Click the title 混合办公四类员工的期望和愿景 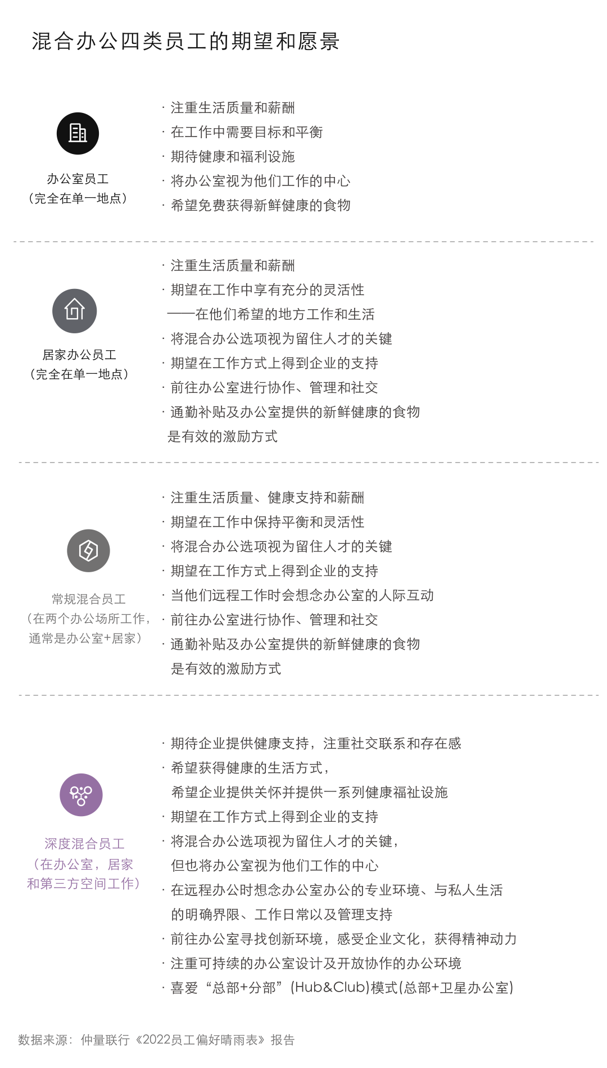[185, 42]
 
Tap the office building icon [78, 133]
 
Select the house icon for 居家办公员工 [75, 310]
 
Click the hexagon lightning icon [88, 550]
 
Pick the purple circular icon [81, 794]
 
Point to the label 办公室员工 [78, 179]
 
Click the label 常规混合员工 [88, 599]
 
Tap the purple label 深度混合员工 [84, 843]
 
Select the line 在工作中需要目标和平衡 [246, 132]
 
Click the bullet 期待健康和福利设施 [233, 157]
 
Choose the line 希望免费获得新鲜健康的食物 [260, 206]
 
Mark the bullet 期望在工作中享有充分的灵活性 [267, 290]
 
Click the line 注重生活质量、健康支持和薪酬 [267, 497]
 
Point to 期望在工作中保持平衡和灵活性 [267, 522]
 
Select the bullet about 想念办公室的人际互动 [302, 595]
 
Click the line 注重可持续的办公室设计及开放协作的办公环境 [316, 963]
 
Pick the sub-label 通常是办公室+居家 [84, 639]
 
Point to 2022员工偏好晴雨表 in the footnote [201, 1040]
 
